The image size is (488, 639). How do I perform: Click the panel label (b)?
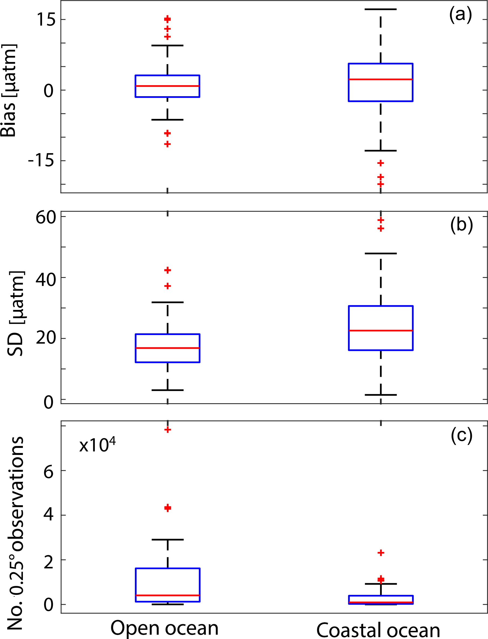462,225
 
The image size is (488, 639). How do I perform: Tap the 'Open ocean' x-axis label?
164,628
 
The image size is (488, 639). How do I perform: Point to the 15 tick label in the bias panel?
46,20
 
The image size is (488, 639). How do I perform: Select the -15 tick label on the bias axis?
41,160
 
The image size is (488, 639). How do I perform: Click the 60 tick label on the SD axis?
46,217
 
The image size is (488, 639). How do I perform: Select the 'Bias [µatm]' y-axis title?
9,91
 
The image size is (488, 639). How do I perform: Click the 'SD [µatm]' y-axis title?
16,313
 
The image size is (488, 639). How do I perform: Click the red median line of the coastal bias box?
381,79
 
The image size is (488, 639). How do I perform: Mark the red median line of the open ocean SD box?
168,348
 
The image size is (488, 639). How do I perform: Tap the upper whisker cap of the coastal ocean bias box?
381,9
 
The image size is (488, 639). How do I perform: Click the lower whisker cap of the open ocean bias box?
167,120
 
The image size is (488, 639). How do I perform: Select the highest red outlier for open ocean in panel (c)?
168,430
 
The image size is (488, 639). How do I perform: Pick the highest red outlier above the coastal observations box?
381,553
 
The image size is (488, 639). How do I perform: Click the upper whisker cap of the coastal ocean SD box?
381,254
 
